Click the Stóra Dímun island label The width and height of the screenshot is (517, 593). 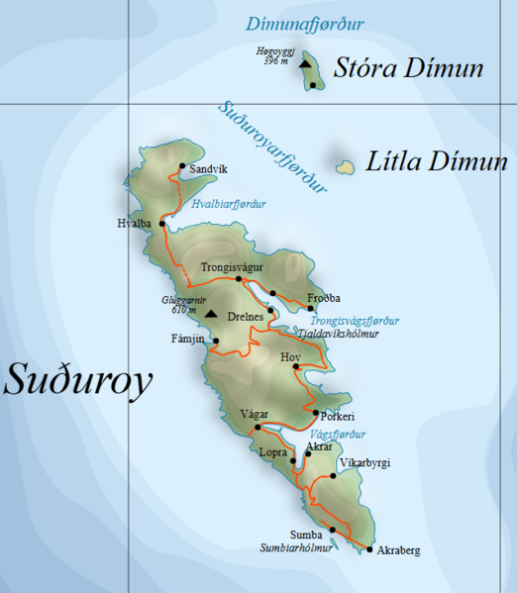[x=409, y=68]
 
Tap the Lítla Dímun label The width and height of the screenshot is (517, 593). [x=437, y=161]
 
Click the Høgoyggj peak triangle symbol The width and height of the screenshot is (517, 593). [x=305, y=64]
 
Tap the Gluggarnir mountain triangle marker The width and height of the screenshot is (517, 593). [x=210, y=315]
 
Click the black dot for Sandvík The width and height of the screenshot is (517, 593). [x=182, y=166]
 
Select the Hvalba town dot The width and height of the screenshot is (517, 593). [x=162, y=224]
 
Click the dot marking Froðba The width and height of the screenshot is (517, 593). [x=310, y=308]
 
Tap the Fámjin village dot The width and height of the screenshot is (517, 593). [x=216, y=341]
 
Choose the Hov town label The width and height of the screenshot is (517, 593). [x=290, y=356]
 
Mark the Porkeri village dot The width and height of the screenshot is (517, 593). [x=315, y=412]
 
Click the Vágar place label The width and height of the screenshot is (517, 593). [x=255, y=415]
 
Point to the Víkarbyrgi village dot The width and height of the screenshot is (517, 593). [x=334, y=475]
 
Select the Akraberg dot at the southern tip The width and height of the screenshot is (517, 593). [x=369, y=548]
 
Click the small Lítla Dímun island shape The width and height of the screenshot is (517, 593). [x=346, y=167]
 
